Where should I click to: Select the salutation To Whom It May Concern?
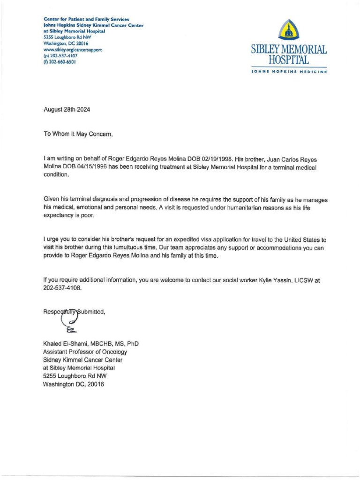[x=78, y=134]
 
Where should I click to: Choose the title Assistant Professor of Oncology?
[x=85, y=352]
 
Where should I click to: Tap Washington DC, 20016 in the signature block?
[x=73, y=384]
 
